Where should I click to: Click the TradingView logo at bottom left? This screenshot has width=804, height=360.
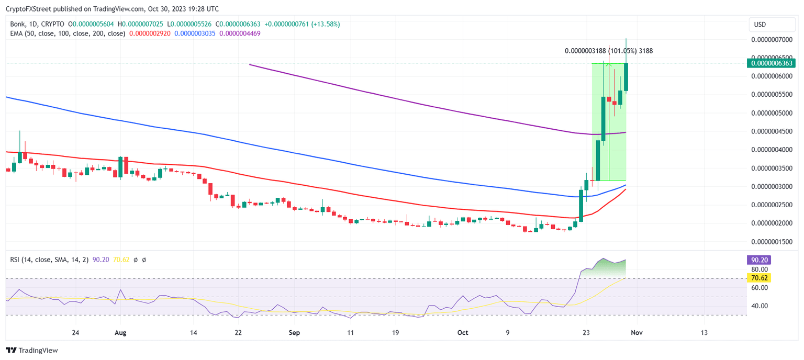[32, 350]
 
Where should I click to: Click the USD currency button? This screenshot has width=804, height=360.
[760, 24]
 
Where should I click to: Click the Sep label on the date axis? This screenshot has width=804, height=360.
[294, 332]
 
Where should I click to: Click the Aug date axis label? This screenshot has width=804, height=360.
[120, 332]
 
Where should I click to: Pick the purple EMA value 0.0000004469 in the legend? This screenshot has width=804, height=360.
[240, 33]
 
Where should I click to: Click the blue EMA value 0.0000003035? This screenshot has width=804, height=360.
[195, 33]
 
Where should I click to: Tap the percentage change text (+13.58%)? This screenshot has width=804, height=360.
[324, 24]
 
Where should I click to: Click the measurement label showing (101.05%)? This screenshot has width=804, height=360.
[608, 51]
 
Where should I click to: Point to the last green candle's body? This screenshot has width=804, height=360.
[626, 77]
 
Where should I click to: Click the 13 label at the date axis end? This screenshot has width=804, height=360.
[704, 332]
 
